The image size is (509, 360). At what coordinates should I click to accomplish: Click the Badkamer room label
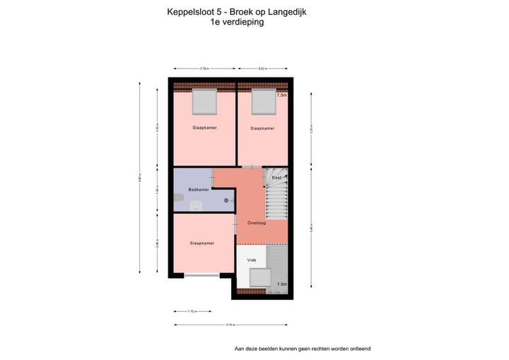tap(199, 190)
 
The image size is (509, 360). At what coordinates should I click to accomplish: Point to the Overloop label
tap(256, 223)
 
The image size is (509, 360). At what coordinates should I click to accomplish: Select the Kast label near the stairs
tap(276, 177)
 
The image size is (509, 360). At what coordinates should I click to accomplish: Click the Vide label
tap(251, 260)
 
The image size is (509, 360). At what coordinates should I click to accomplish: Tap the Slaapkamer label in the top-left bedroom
tap(204, 128)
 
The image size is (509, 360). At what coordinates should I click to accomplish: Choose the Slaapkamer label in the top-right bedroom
tap(262, 129)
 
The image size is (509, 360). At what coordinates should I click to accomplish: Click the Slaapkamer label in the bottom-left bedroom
tap(201, 243)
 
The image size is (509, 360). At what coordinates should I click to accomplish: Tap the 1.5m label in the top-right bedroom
tap(282, 95)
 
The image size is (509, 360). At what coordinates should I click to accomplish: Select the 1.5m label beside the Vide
tap(281, 284)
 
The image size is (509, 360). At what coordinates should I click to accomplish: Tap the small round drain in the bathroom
tap(226, 200)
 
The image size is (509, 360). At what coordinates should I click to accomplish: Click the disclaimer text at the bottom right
tap(303, 348)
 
